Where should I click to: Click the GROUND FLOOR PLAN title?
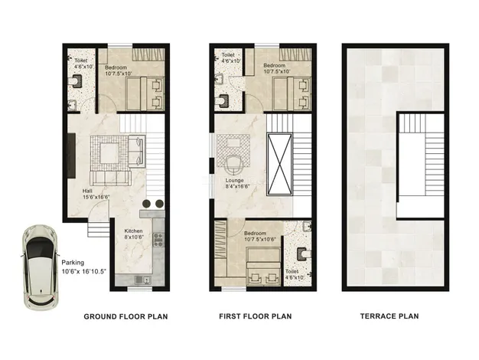pos(125,316)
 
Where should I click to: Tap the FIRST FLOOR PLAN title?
pos(255,316)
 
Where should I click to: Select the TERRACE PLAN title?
pos(389,316)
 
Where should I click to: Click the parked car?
pos(41,268)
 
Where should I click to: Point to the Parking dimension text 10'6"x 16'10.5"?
pos(83,271)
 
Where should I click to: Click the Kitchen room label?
pos(133,231)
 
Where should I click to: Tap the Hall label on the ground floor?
pos(87,191)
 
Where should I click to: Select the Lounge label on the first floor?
pos(235,181)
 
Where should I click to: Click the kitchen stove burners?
pos(158,240)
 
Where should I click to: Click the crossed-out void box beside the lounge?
pos(279,164)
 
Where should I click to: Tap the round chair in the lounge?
pos(234,165)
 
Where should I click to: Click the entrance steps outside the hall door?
pos(99,228)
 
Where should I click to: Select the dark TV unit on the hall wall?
pos(71,155)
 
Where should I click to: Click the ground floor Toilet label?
pos(81,61)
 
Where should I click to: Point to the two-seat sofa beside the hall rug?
pos(136,151)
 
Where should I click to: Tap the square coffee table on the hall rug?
pos(109,153)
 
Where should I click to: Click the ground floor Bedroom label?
pos(116,67)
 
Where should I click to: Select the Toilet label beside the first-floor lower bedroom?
pos(292,272)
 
